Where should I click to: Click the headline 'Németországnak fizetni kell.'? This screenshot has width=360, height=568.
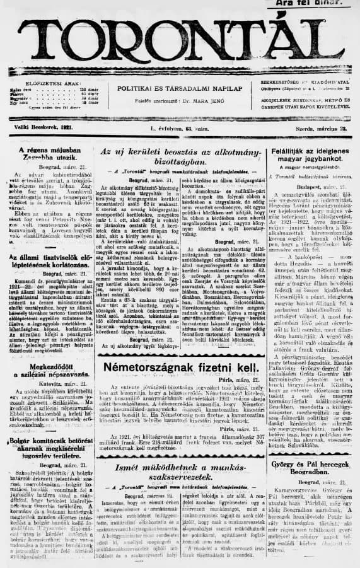tap(180, 350)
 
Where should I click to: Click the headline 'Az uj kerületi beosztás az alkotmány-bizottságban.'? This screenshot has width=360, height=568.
tap(180, 157)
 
